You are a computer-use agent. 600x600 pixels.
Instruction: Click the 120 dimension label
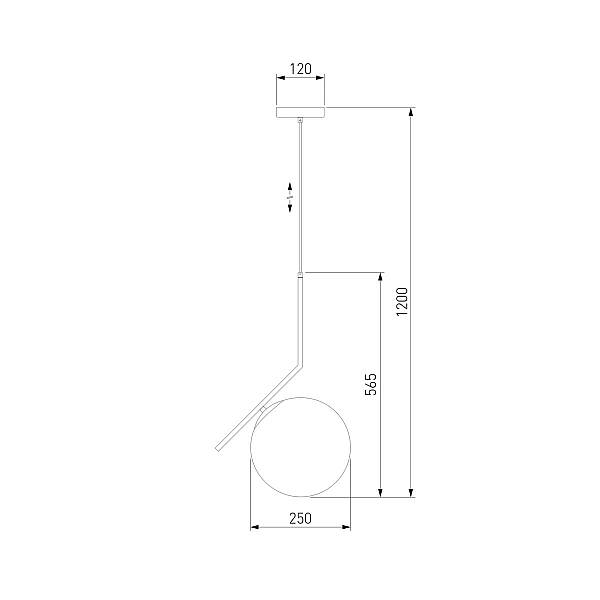[x=300, y=69]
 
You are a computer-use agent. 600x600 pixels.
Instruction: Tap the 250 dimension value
[x=300, y=518]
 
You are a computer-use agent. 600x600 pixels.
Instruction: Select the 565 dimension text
[x=370, y=384]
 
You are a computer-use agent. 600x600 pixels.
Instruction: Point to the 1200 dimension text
[x=402, y=302]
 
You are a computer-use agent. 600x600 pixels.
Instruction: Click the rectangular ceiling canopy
[x=300, y=112]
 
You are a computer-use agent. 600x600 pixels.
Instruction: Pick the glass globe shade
[x=300, y=447]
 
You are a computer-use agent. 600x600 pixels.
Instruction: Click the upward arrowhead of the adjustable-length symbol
[x=290, y=188]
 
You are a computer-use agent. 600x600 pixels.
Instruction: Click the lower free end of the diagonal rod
[x=218, y=448]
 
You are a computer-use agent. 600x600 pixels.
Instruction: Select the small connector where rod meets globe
[x=263, y=409]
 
